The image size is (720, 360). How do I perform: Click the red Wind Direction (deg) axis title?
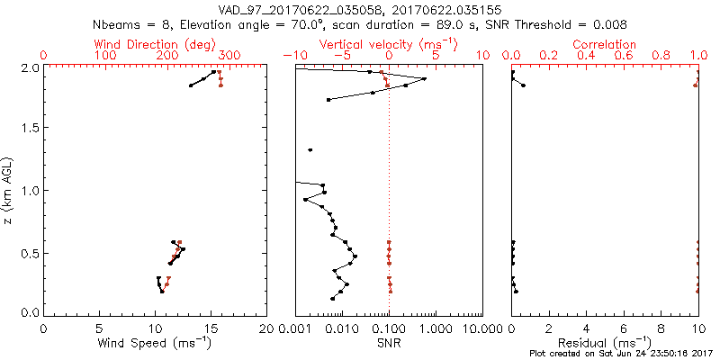pyautogui.click(x=156, y=44)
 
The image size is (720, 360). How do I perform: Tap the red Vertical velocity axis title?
pyautogui.click(x=388, y=44)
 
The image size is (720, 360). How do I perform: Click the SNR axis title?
pyautogui.click(x=389, y=342)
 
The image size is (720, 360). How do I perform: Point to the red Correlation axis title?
pyautogui.click(x=604, y=44)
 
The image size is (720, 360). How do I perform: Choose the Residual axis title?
pyautogui.click(x=605, y=342)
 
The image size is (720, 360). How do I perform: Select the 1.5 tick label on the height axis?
pyautogui.click(x=30, y=129)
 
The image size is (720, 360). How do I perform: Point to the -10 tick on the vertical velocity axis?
pyautogui.click(x=295, y=56)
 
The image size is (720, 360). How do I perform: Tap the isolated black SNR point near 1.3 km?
pyautogui.click(x=310, y=150)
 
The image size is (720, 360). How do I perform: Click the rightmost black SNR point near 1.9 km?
pyautogui.click(x=425, y=78)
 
